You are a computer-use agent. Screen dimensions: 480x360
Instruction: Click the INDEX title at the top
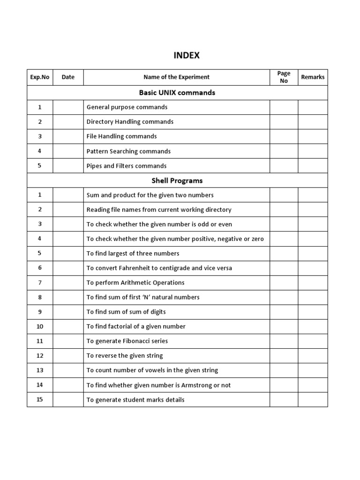pos(187,55)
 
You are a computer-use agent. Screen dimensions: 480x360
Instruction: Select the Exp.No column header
pos(40,77)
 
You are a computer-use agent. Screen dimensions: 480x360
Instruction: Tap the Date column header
pos(68,77)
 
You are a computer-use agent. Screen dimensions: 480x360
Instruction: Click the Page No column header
pos(284,77)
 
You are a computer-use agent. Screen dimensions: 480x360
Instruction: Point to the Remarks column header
pos(313,77)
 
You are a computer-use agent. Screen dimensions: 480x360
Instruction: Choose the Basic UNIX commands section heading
pos(177,92)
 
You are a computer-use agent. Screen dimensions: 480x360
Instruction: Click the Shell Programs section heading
pos(177,180)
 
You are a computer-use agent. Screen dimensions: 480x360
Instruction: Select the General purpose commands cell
pos(127,107)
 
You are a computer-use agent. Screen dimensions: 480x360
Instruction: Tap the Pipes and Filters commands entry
pos(127,165)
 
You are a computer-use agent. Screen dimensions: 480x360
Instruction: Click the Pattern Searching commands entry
pos(128,151)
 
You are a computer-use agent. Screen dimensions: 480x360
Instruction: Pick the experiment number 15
pos(40,399)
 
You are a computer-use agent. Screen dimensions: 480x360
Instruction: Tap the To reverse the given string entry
pos(125,355)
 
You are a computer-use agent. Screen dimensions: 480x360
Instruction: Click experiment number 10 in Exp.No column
pos(40,326)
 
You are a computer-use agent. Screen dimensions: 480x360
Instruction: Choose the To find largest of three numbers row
pos(133,253)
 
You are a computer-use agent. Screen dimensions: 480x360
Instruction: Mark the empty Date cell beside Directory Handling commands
pos(68,121)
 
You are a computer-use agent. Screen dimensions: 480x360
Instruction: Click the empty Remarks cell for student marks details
pos(313,399)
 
